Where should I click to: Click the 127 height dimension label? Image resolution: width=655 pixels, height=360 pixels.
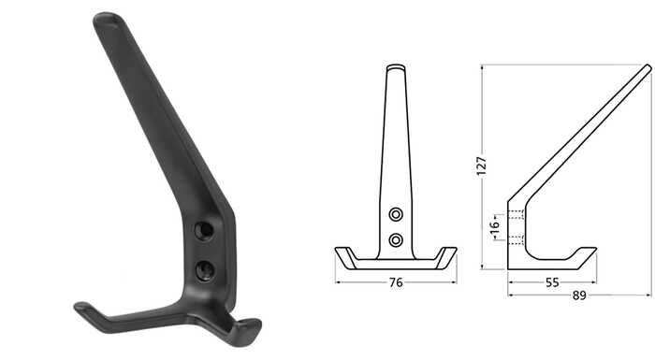tap(482, 166)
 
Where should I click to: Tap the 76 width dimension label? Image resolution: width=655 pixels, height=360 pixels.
tap(396, 282)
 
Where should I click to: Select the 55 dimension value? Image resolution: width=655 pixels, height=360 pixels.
tap(552, 282)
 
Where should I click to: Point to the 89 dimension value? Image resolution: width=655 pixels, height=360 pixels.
tap(579, 295)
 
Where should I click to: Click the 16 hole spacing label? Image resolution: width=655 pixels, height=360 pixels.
tap(494, 227)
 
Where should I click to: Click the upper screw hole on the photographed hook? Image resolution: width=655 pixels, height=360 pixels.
tap(204, 231)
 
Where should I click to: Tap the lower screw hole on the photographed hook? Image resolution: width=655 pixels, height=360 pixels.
tap(205, 270)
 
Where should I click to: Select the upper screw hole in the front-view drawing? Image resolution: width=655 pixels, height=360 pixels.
tap(396, 215)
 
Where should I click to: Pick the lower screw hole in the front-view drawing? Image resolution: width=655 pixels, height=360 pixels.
tap(396, 240)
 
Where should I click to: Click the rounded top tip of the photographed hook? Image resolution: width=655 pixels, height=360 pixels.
tap(108, 19)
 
